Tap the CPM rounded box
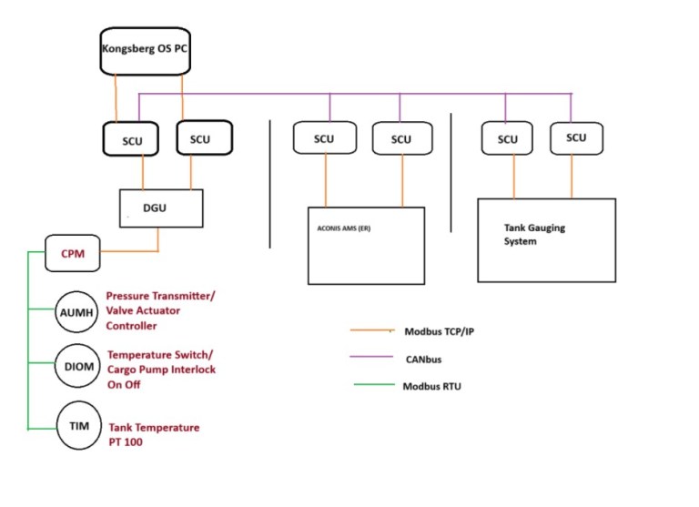(x=73, y=253)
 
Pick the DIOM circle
(x=76, y=369)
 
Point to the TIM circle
(x=76, y=425)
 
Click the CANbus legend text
(x=423, y=359)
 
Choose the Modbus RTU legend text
(x=432, y=386)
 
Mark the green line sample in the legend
(x=373, y=386)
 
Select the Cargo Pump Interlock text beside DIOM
(x=161, y=369)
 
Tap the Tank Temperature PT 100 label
(x=154, y=433)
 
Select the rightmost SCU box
(x=576, y=137)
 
